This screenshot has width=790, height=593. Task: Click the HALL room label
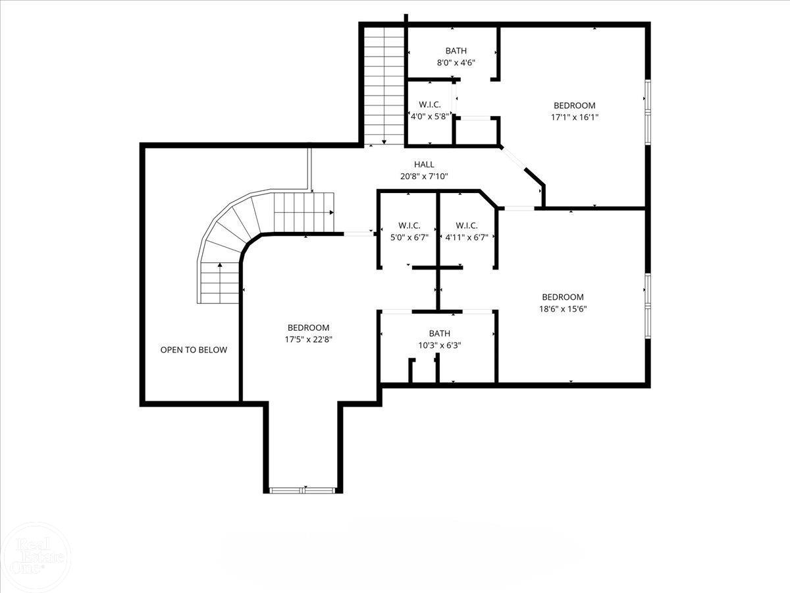click(424, 164)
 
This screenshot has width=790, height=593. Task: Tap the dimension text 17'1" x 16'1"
click(574, 117)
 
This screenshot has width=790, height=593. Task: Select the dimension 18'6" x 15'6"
click(563, 308)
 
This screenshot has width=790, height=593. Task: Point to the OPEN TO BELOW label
click(194, 350)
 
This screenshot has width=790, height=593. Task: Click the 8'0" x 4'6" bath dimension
click(456, 63)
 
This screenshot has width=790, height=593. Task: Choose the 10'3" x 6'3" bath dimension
click(439, 345)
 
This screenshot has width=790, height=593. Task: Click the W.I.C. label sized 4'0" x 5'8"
click(429, 104)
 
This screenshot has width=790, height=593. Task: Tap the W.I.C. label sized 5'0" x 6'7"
click(409, 225)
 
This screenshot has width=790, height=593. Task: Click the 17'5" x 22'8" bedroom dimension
click(308, 339)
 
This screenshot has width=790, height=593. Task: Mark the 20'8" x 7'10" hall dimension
click(424, 176)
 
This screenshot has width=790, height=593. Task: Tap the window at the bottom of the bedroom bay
click(303, 490)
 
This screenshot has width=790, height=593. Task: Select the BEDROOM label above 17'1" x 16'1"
click(574, 105)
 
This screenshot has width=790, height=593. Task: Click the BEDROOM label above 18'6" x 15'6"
click(563, 297)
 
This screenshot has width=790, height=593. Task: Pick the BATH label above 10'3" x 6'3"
click(439, 333)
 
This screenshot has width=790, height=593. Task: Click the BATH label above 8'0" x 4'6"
click(456, 51)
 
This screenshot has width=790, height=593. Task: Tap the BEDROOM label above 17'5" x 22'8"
click(308, 327)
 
